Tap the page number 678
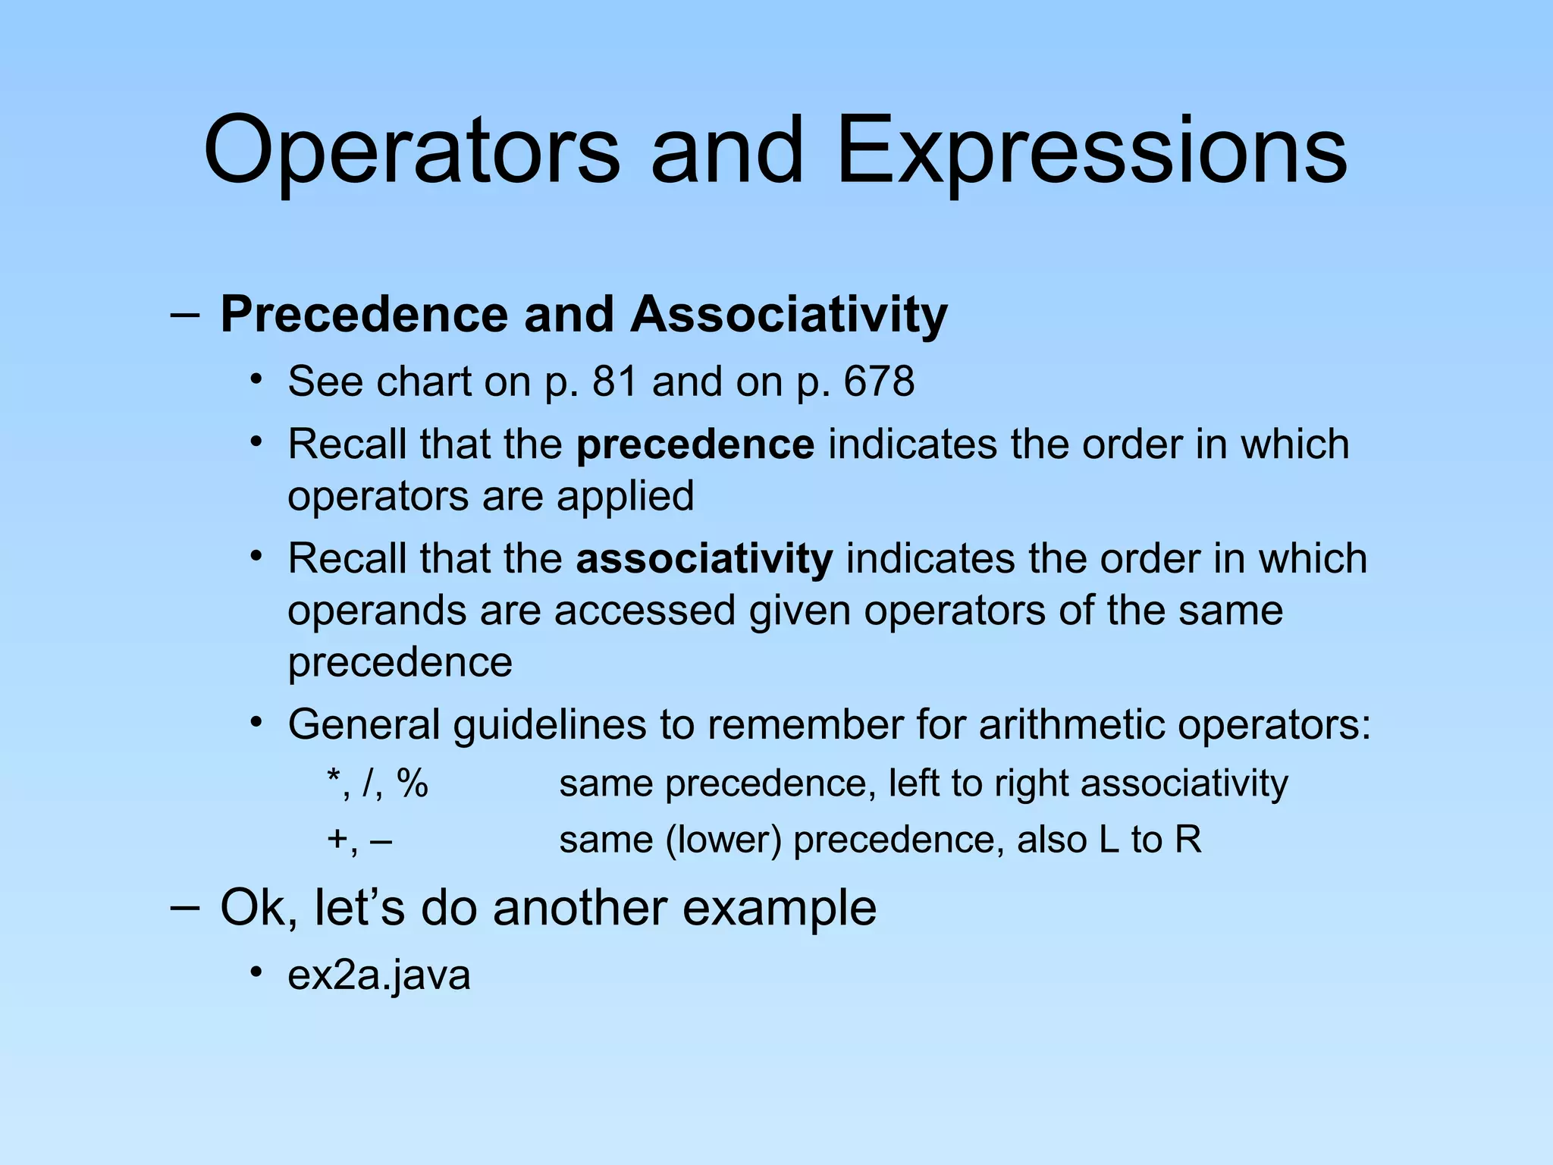[x=879, y=381]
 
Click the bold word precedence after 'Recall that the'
[x=695, y=444]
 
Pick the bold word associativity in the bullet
[x=704, y=559]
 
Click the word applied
[x=625, y=497]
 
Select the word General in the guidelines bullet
[x=364, y=724]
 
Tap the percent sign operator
[x=413, y=783]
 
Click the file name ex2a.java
[x=379, y=975]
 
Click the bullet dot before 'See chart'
[x=257, y=378]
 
